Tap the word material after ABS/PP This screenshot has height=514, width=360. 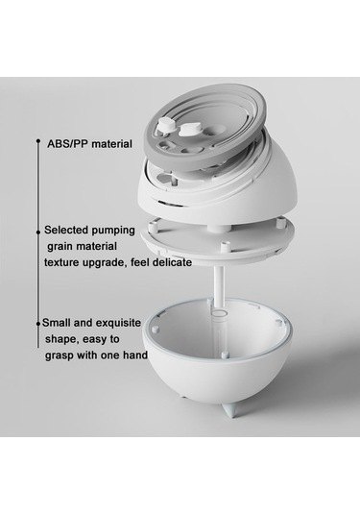[109, 143]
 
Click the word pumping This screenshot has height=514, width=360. [112, 231]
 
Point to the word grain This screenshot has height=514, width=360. [60, 247]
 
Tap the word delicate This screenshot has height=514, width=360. [171, 262]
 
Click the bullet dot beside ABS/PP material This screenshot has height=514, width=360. [38, 141]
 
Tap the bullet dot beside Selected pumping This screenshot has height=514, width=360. [38, 232]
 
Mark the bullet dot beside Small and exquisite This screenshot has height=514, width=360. [38, 324]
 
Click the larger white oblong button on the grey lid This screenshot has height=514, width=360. [190, 130]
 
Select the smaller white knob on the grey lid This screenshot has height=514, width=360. [166, 126]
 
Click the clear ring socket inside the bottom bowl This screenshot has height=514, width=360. [219, 314]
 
